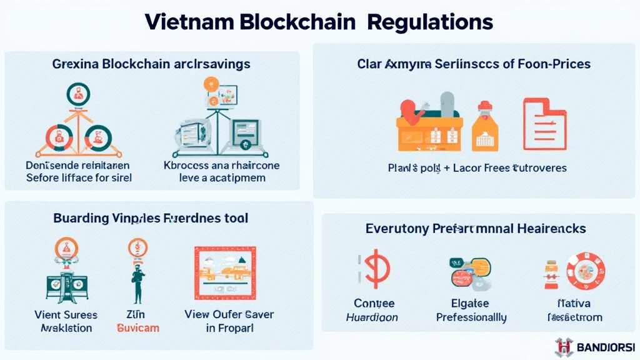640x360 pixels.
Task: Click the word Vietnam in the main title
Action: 188,22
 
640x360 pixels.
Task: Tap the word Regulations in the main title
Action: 430,22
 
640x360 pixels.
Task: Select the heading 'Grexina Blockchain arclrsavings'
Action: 152,64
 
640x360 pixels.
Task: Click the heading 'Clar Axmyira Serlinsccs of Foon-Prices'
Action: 474,64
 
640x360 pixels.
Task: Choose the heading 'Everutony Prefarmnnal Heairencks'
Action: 476,229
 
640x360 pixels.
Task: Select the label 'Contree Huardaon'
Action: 374,310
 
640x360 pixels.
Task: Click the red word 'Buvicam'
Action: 137,328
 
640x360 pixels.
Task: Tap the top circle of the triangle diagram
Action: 78,94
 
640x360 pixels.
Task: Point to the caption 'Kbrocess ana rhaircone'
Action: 221,166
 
